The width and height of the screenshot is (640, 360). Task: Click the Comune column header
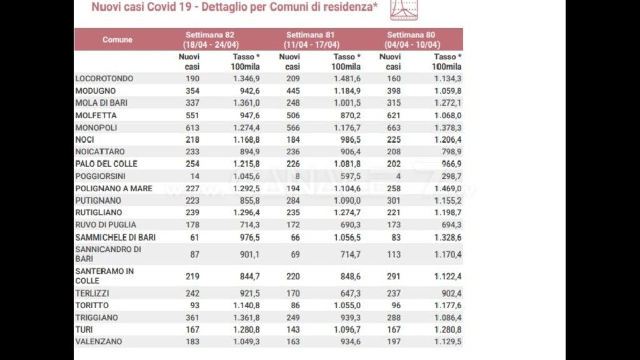pos(117,39)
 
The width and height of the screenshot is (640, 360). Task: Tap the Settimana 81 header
pos(312,39)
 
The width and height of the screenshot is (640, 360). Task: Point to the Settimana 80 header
pos(412,39)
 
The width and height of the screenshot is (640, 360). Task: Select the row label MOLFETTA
pos(96,115)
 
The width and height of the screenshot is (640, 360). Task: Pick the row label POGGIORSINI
pos(100,176)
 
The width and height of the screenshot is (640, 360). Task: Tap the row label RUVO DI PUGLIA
pos(106,224)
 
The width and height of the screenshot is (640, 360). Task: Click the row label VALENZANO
pos(98,341)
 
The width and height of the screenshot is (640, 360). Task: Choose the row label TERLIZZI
pos(92,293)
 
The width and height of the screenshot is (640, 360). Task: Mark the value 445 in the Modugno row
pos(292,91)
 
